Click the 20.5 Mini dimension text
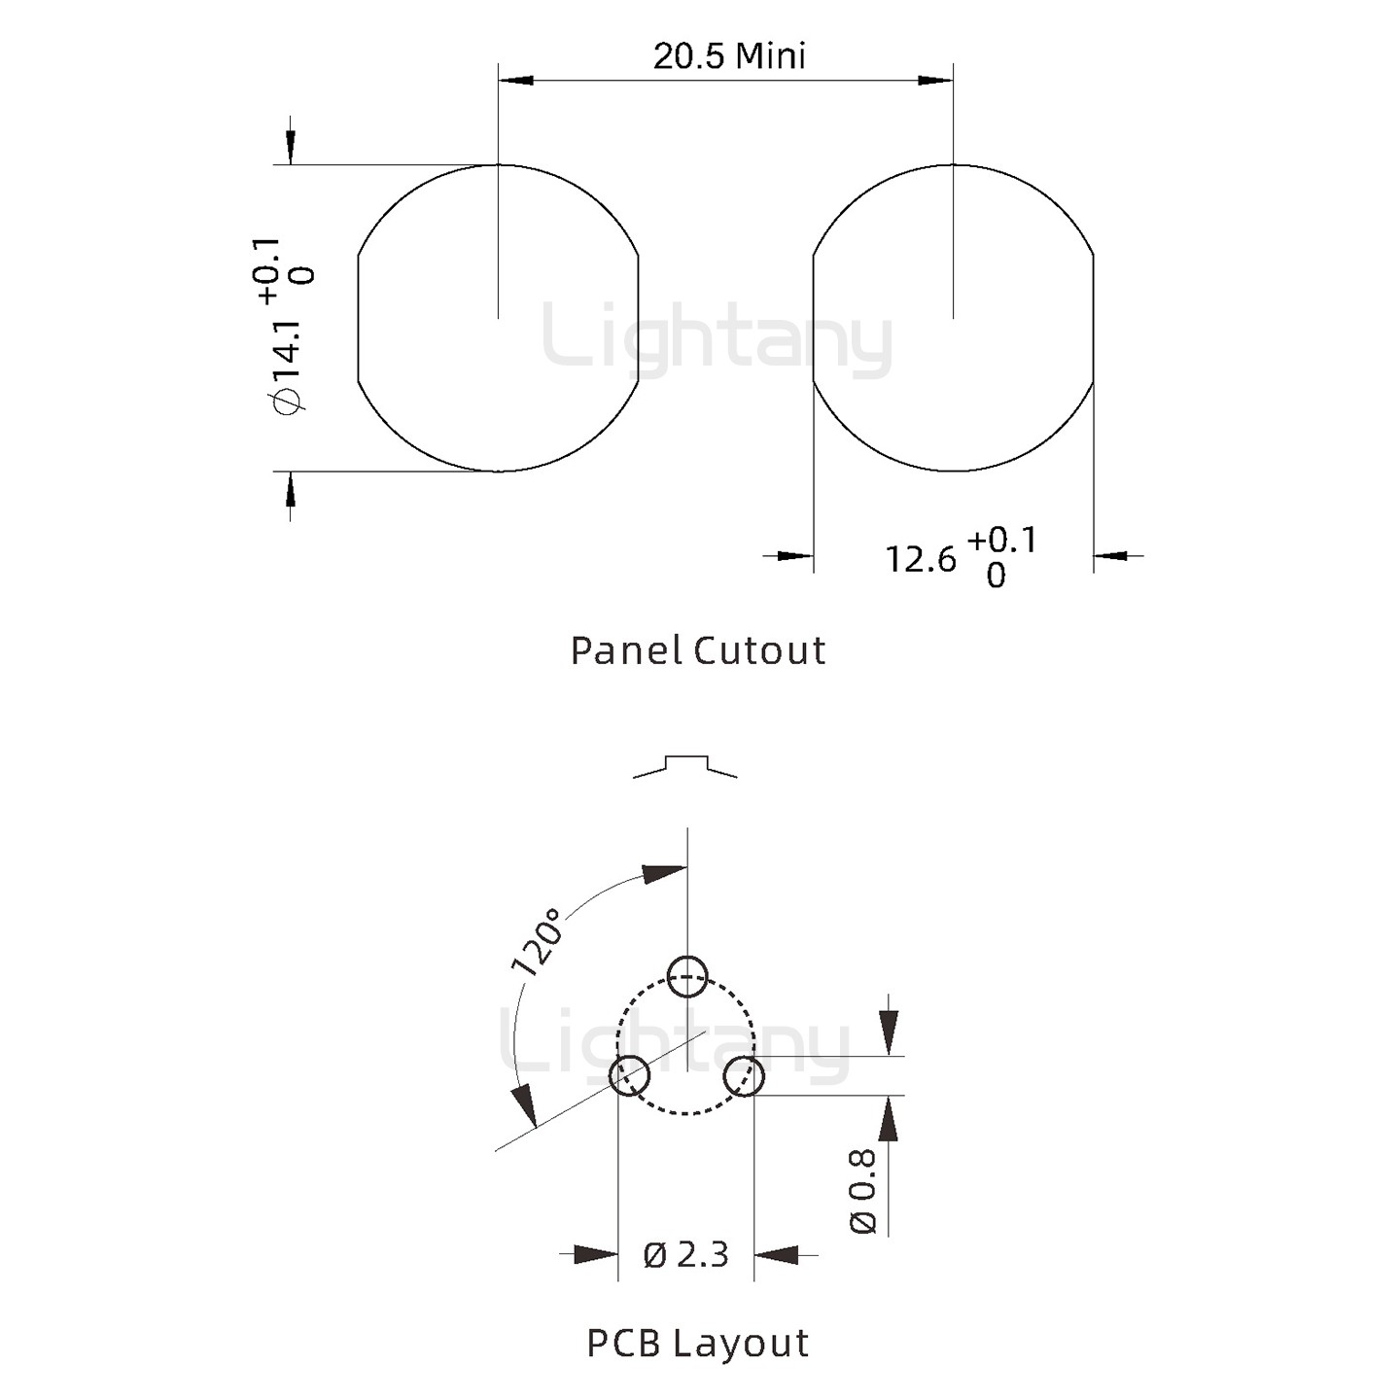point(729,55)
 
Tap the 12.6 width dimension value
point(920,559)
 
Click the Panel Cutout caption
point(698,650)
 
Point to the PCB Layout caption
point(698,1343)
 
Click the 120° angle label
point(538,941)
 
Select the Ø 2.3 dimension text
point(685,1254)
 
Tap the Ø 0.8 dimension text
point(863,1191)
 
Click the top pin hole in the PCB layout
point(687,976)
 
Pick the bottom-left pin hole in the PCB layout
point(629,1075)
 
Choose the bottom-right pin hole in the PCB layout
point(745,1075)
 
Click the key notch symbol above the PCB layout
point(685,764)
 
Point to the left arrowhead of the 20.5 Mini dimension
point(516,80)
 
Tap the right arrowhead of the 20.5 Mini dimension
point(935,80)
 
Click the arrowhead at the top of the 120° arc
point(667,873)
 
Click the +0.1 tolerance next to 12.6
point(1002,540)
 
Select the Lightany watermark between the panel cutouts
point(717,340)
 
